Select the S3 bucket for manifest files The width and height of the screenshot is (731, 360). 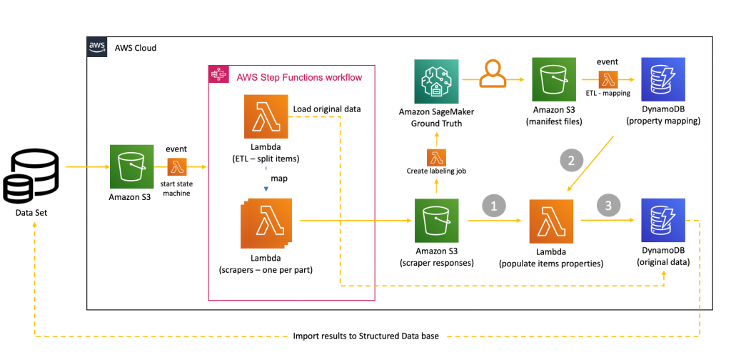pyautogui.click(x=555, y=81)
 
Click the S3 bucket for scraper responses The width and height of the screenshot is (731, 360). pyautogui.click(x=436, y=221)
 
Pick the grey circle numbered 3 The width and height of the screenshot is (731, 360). pyautogui.click(x=608, y=206)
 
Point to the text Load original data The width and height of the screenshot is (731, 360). pyautogui.click(x=327, y=109)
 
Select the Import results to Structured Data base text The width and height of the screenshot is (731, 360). pyautogui.click(x=366, y=336)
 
